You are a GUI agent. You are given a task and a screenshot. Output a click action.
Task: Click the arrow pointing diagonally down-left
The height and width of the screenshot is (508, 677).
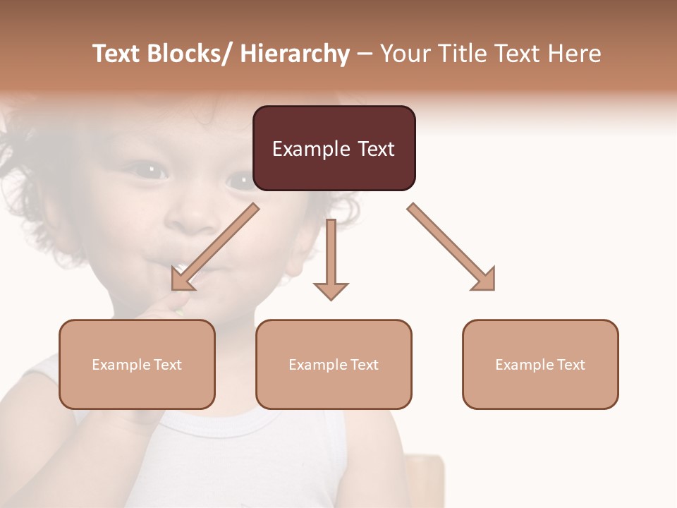pyautogui.click(x=215, y=247)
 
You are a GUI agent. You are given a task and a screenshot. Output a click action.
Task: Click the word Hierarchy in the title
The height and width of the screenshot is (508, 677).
pyautogui.click(x=295, y=54)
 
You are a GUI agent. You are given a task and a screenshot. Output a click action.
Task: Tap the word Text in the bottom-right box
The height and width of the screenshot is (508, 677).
pyautogui.click(x=570, y=365)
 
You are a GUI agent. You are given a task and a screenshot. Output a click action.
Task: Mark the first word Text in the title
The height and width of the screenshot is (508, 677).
pyautogui.click(x=116, y=54)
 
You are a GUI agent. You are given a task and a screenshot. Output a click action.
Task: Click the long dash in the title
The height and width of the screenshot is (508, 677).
pyautogui.click(x=364, y=54)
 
